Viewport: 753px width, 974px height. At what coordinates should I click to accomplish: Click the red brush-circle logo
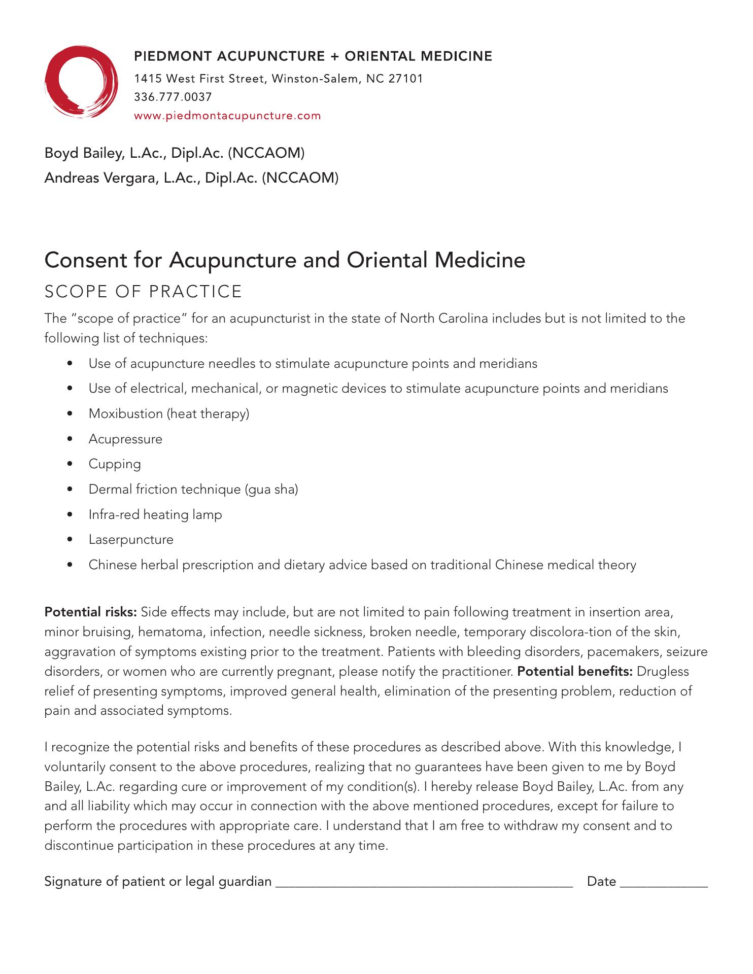coord(81,81)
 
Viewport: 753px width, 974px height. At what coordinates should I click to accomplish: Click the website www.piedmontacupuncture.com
coord(227,116)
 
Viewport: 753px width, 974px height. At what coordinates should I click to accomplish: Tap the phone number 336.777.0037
coord(173,97)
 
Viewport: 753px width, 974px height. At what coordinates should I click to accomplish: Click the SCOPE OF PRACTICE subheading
coord(143,292)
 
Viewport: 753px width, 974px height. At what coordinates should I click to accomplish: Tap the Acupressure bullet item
coord(125,439)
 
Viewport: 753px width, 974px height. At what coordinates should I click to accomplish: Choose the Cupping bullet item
coord(115,464)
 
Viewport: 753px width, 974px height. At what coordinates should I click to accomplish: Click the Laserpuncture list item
coord(131,539)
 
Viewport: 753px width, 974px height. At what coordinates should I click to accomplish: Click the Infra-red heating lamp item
coord(155,514)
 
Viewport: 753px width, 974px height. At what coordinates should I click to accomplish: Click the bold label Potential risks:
coord(91,612)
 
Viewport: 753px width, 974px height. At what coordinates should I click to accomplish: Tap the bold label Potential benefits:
coord(574,672)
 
